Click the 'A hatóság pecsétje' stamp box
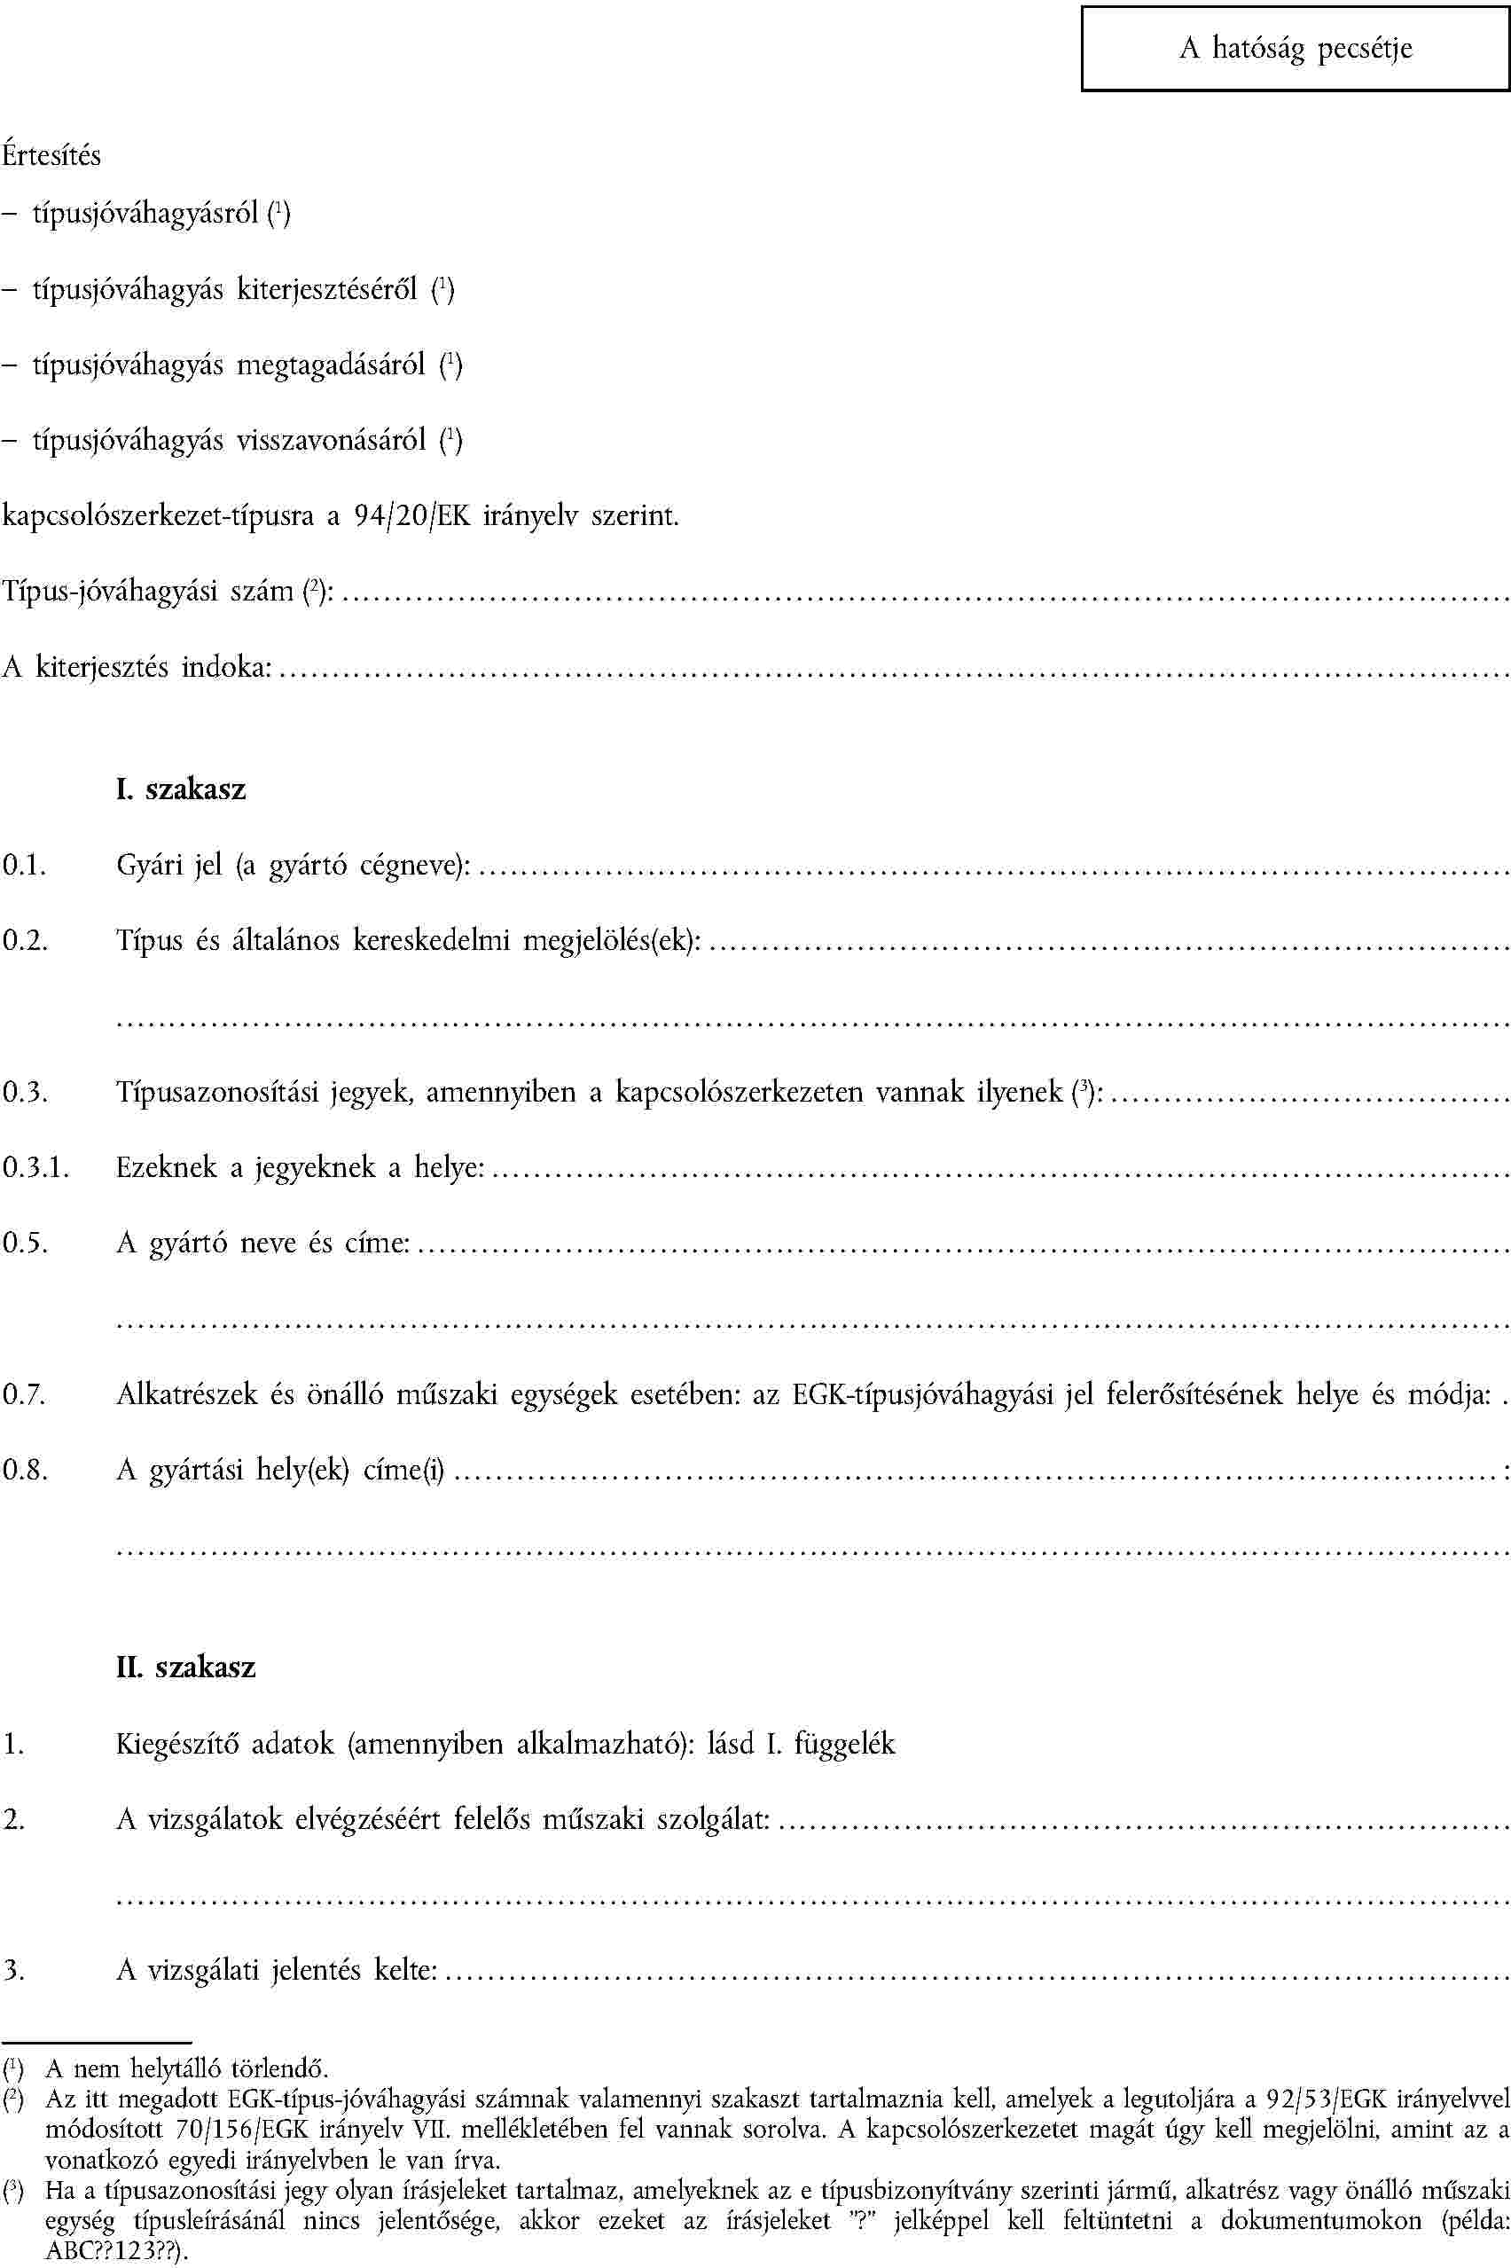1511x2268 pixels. click(x=1296, y=48)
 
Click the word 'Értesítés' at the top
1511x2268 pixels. click(x=51, y=155)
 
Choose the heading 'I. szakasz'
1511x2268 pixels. click(x=180, y=789)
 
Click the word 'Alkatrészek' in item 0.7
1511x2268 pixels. click(x=187, y=1394)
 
